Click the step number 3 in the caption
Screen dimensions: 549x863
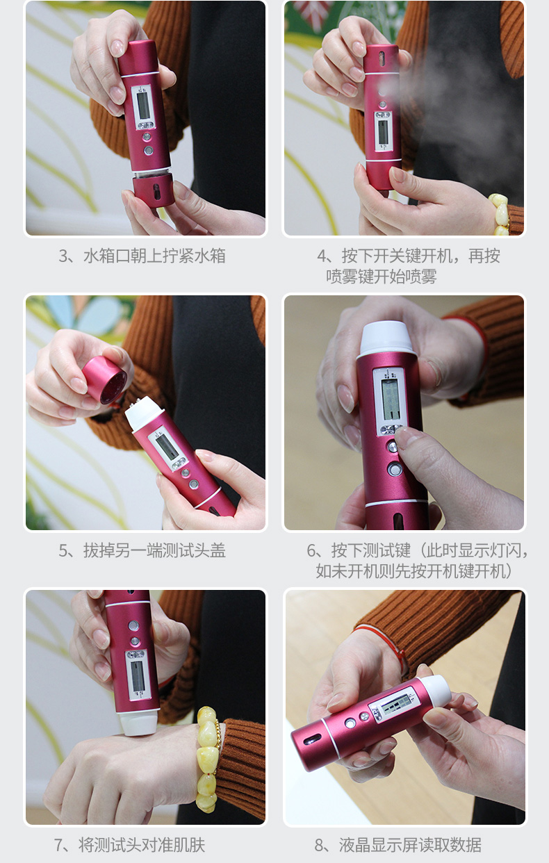coord(64,256)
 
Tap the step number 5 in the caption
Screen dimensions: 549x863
coord(64,550)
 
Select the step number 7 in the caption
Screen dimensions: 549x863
coord(59,845)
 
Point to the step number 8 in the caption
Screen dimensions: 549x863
coord(320,845)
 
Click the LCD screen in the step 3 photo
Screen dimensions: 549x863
coord(143,106)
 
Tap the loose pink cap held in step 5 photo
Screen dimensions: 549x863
coord(104,380)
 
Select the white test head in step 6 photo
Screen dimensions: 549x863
coord(387,339)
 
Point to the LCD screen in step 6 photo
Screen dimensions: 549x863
coord(391,400)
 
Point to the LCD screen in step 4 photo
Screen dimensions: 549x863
coord(383,132)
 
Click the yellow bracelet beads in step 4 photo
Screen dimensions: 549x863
coord(500,214)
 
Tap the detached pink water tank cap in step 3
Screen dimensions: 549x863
coord(153,190)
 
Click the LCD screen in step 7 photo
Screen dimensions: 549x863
coord(137,676)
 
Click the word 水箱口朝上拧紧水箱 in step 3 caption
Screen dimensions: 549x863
coord(154,256)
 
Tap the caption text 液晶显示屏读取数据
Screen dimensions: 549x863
coord(410,845)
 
